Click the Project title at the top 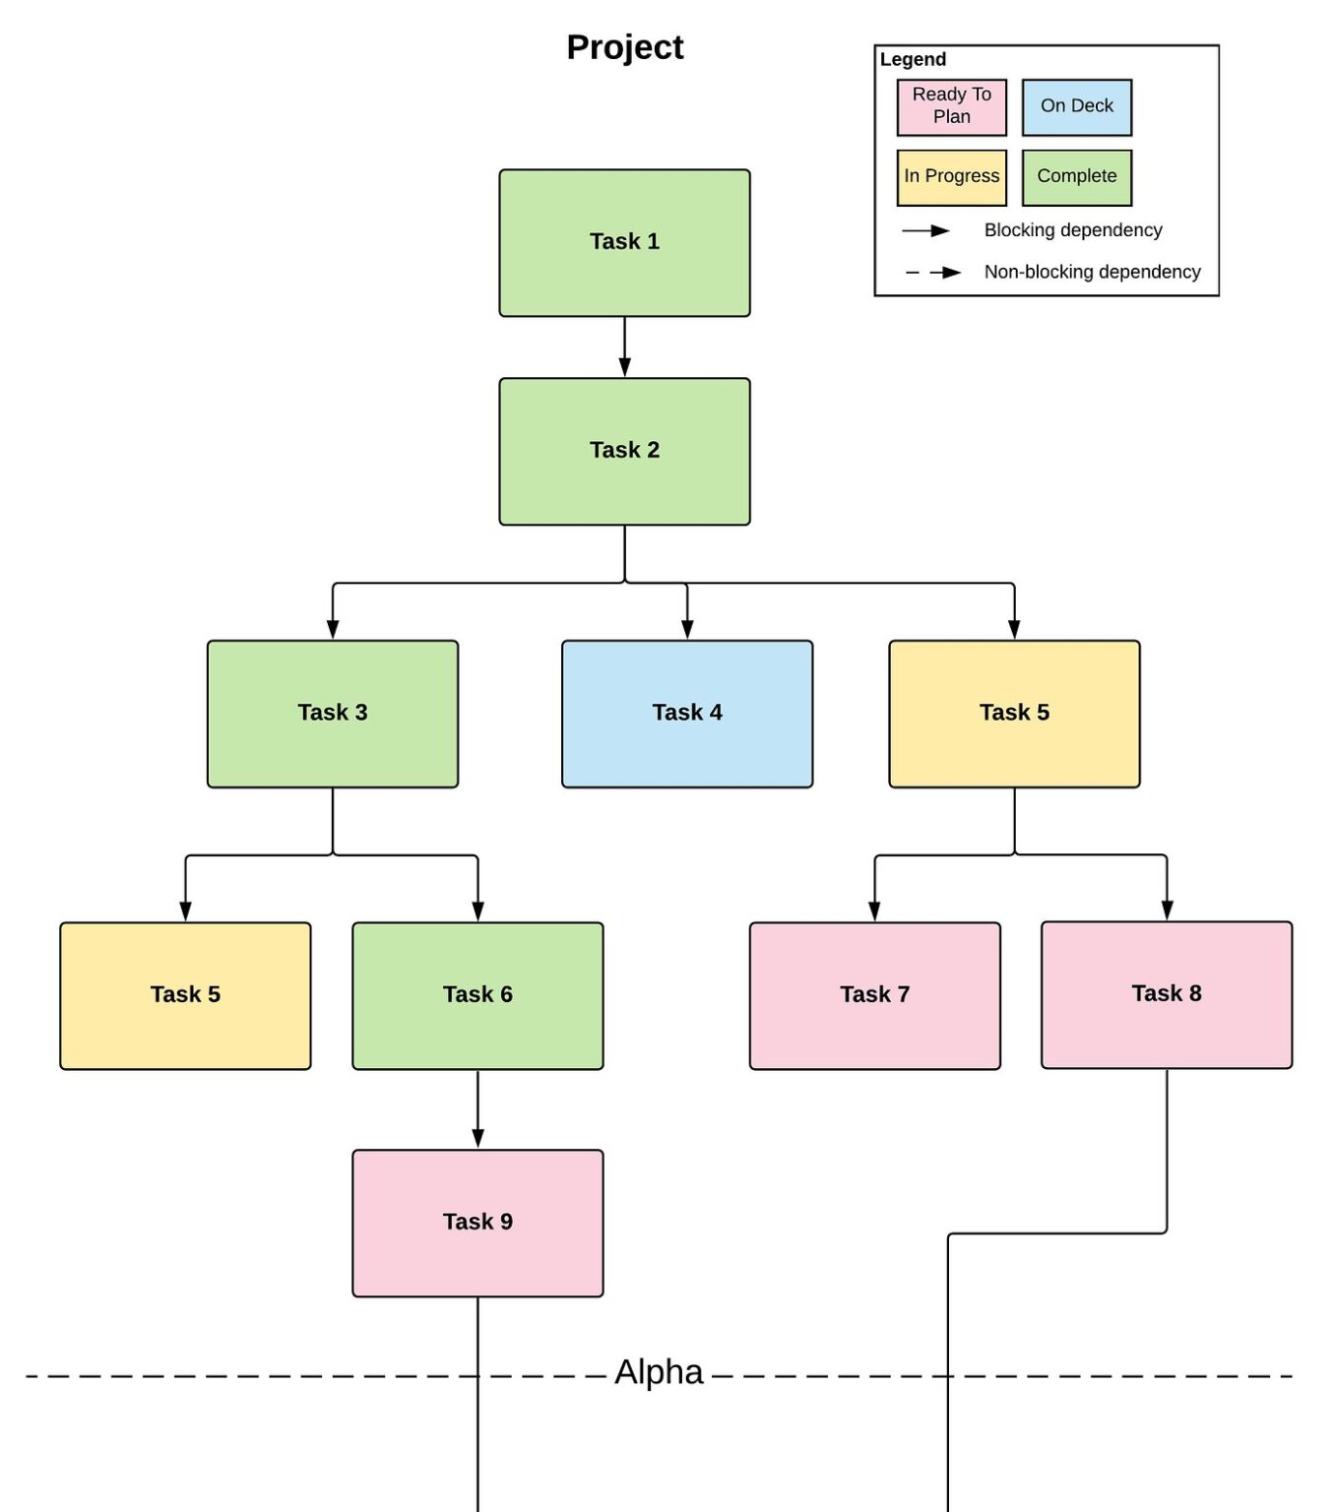pos(624,47)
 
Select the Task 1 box pos(624,242)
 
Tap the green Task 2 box pos(624,451)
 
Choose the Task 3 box pos(332,713)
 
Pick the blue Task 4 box pos(686,713)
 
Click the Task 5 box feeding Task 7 pos(1014,713)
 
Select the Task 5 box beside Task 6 pos(185,994)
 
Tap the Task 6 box pos(477,994)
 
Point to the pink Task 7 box pos(874,994)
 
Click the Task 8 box pos(1166,993)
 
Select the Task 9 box pos(477,1222)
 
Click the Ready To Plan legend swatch pos(951,106)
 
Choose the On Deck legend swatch pos(1076,106)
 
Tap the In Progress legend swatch pos(951,177)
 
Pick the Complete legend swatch pos(1076,177)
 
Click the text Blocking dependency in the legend pos(1072,230)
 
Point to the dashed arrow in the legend pos(932,273)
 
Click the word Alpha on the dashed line pos(659,1372)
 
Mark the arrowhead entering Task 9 pos(477,1139)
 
